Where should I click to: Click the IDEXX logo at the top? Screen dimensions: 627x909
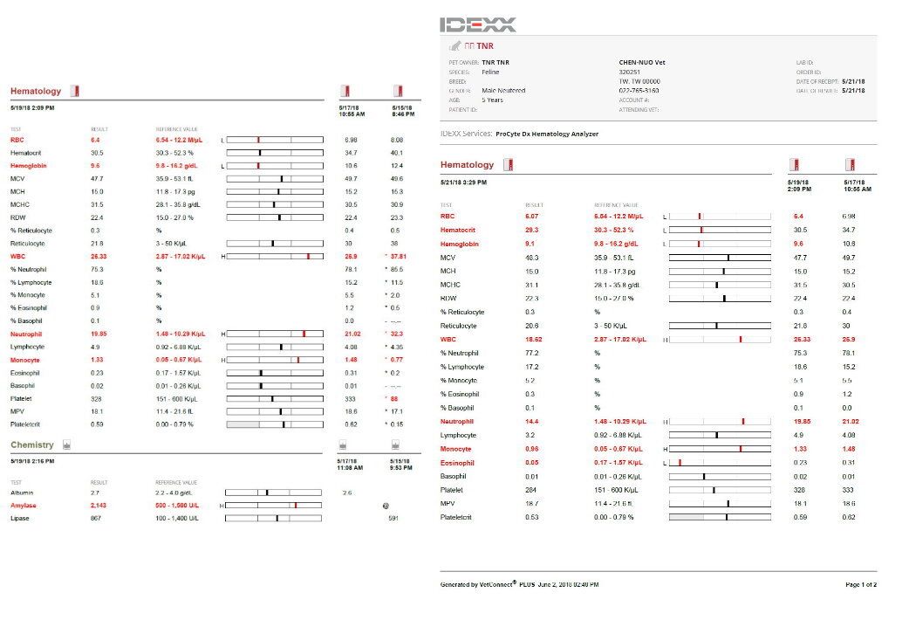[478, 24]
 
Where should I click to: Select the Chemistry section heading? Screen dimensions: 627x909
[31, 444]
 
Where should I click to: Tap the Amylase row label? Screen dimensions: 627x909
[24, 506]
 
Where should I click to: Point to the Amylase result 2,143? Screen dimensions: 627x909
[101, 506]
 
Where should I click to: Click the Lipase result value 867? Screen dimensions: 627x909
[96, 519]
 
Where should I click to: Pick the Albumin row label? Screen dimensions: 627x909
[23, 493]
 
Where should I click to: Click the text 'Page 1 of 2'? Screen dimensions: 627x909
[861, 584]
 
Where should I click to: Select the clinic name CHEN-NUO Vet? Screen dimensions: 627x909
[636, 63]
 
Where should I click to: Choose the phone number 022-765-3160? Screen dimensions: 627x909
[639, 90]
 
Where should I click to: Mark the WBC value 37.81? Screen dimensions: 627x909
[398, 257]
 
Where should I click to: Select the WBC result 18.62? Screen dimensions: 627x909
[533, 339]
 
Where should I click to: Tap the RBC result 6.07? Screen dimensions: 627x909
[532, 216]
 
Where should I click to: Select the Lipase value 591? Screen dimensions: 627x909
[393, 519]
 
